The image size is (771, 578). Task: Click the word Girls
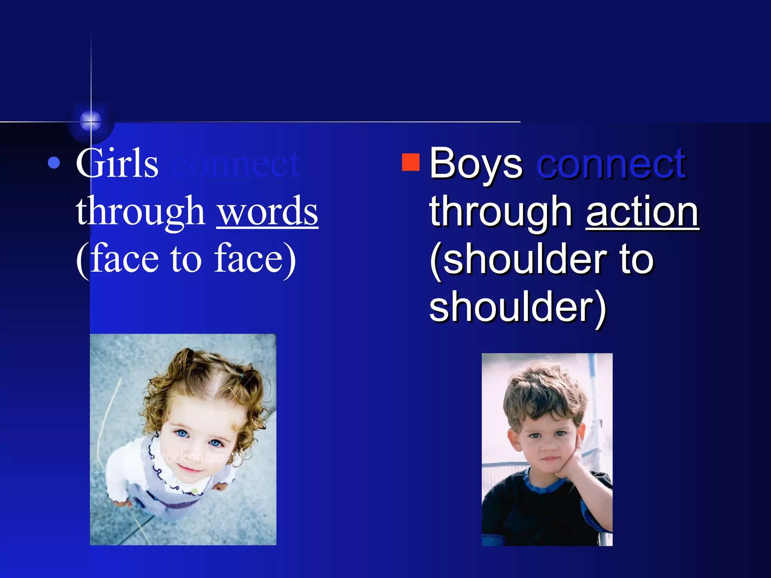117,164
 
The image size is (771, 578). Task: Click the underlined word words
267,211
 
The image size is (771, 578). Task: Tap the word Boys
476,164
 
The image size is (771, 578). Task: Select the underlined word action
642,211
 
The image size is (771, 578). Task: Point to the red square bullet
411,162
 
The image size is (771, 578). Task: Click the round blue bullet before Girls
54,163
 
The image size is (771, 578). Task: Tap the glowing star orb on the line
91,120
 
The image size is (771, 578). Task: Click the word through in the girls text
140,212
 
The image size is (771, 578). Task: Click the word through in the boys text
501,212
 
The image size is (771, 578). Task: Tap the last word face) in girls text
255,259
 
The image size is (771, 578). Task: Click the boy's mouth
550,459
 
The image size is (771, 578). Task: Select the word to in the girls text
186,259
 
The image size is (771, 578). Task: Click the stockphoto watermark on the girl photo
192,457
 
